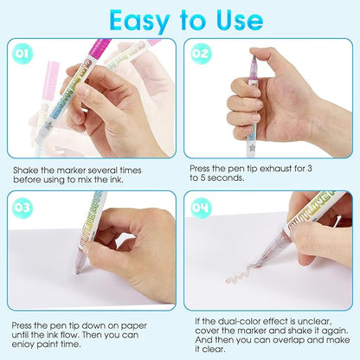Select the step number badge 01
(22, 54)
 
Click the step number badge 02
(200, 54)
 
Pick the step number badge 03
(22, 208)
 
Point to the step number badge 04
(200, 208)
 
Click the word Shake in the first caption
(24, 170)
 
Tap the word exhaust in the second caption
(276, 168)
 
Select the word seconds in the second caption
(226, 177)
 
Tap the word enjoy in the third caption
(22, 344)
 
